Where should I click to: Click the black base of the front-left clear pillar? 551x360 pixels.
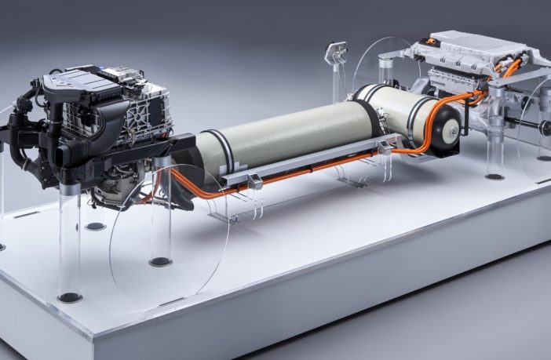point(69,297)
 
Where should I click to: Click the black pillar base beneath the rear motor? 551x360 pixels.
point(494,176)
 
